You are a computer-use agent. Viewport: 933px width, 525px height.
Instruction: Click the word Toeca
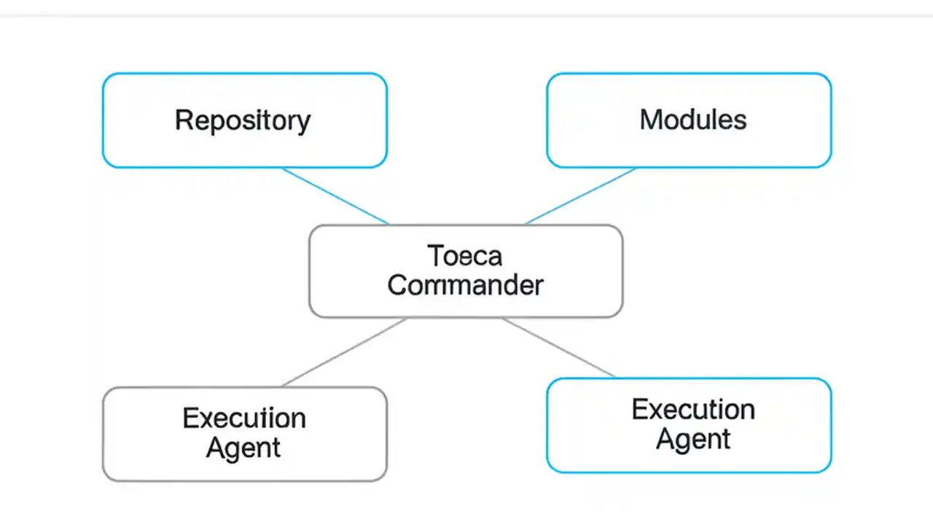pos(465,256)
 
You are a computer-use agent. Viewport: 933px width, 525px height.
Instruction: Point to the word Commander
pos(465,285)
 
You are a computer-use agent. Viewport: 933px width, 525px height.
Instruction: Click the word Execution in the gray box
pos(243,419)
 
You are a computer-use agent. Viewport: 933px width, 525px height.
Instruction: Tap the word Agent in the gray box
pos(243,448)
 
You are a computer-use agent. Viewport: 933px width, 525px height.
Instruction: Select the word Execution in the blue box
pos(692,409)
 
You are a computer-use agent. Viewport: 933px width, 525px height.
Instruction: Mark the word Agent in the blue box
pos(692,439)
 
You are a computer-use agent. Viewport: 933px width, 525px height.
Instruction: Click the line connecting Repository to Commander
pos(335,195)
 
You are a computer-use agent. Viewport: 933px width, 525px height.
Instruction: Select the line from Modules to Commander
pos(581,195)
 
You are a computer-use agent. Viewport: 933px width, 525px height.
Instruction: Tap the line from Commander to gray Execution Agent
pos(344,352)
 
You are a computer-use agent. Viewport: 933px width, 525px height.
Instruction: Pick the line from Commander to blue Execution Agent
pos(558,348)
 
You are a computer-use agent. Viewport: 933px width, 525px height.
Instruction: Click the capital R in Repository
pos(183,120)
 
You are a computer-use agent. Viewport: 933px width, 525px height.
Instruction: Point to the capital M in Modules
pos(650,120)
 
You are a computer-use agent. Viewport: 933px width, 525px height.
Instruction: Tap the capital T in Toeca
pos(434,256)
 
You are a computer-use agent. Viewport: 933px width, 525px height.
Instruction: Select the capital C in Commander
pos(397,285)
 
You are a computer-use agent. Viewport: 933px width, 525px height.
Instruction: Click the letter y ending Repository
pos(303,122)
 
